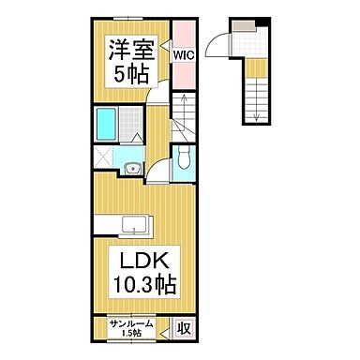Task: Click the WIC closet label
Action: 182,55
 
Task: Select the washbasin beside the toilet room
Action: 132,169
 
